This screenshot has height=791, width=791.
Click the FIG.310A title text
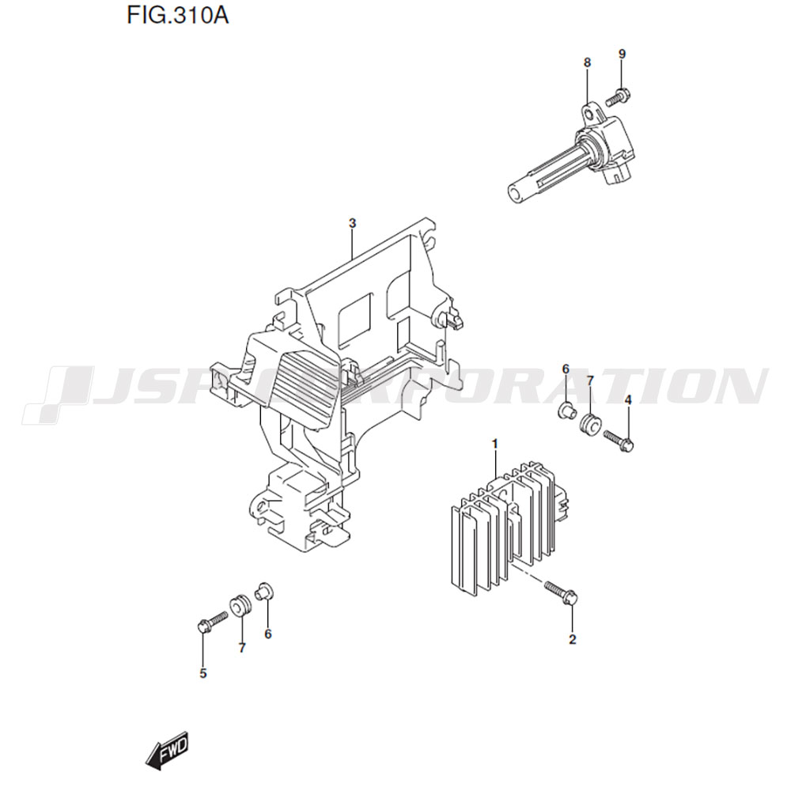[177, 16]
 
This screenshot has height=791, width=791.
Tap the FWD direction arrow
[166, 751]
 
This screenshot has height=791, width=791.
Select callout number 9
[622, 54]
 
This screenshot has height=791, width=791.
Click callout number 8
[587, 63]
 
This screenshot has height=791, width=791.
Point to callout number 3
[352, 223]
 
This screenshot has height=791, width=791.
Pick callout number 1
[495, 444]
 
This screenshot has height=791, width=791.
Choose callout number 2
[572, 640]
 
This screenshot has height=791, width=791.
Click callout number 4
[627, 400]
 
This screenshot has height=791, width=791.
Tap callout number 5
[202, 673]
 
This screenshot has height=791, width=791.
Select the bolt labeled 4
[619, 440]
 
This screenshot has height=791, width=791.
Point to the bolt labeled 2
[561, 593]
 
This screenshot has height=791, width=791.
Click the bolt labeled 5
[211, 621]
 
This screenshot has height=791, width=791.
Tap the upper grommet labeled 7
[589, 424]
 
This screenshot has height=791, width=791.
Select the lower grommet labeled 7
[240, 605]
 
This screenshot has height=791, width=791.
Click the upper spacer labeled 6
[566, 410]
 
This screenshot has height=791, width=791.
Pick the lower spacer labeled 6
[265, 591]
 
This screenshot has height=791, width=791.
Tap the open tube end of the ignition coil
[516, 195]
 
